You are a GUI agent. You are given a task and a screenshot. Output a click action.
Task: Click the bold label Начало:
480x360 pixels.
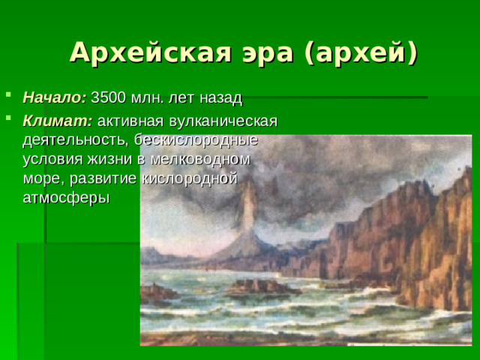click(55, 98)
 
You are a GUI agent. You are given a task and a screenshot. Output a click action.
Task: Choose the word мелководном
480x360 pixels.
click(203, 159)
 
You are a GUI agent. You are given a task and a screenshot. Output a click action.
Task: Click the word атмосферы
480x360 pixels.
click(66, 198)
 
